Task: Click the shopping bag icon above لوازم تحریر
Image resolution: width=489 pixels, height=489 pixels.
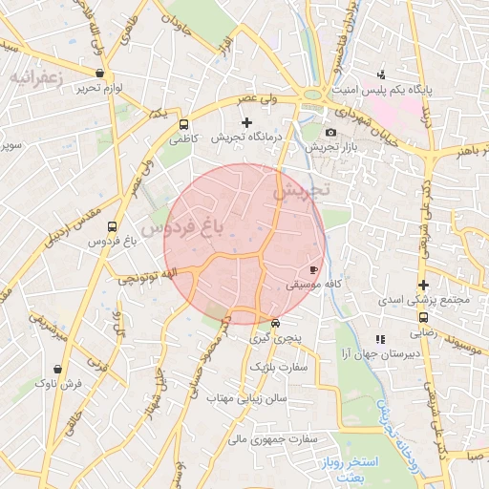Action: point(100,73)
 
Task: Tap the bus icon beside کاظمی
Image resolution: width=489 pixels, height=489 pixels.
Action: point(183,123)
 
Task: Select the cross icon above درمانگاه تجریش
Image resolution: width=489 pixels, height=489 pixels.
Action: point(247,122)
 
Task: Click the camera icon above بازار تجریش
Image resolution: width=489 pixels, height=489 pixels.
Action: point(330,132)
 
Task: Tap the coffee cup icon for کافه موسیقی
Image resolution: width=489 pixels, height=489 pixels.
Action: point(314,270)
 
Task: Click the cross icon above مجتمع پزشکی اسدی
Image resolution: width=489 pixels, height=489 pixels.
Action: point(423,285)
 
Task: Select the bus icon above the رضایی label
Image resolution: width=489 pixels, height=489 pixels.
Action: point(423,317)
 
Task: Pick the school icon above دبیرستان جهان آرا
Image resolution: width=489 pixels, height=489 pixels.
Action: point(380,338)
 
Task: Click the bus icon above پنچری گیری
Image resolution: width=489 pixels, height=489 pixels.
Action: point(275,323)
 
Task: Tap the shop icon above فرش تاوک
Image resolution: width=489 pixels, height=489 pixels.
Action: point(59,368)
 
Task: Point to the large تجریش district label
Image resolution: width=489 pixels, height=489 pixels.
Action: point(299,191)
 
